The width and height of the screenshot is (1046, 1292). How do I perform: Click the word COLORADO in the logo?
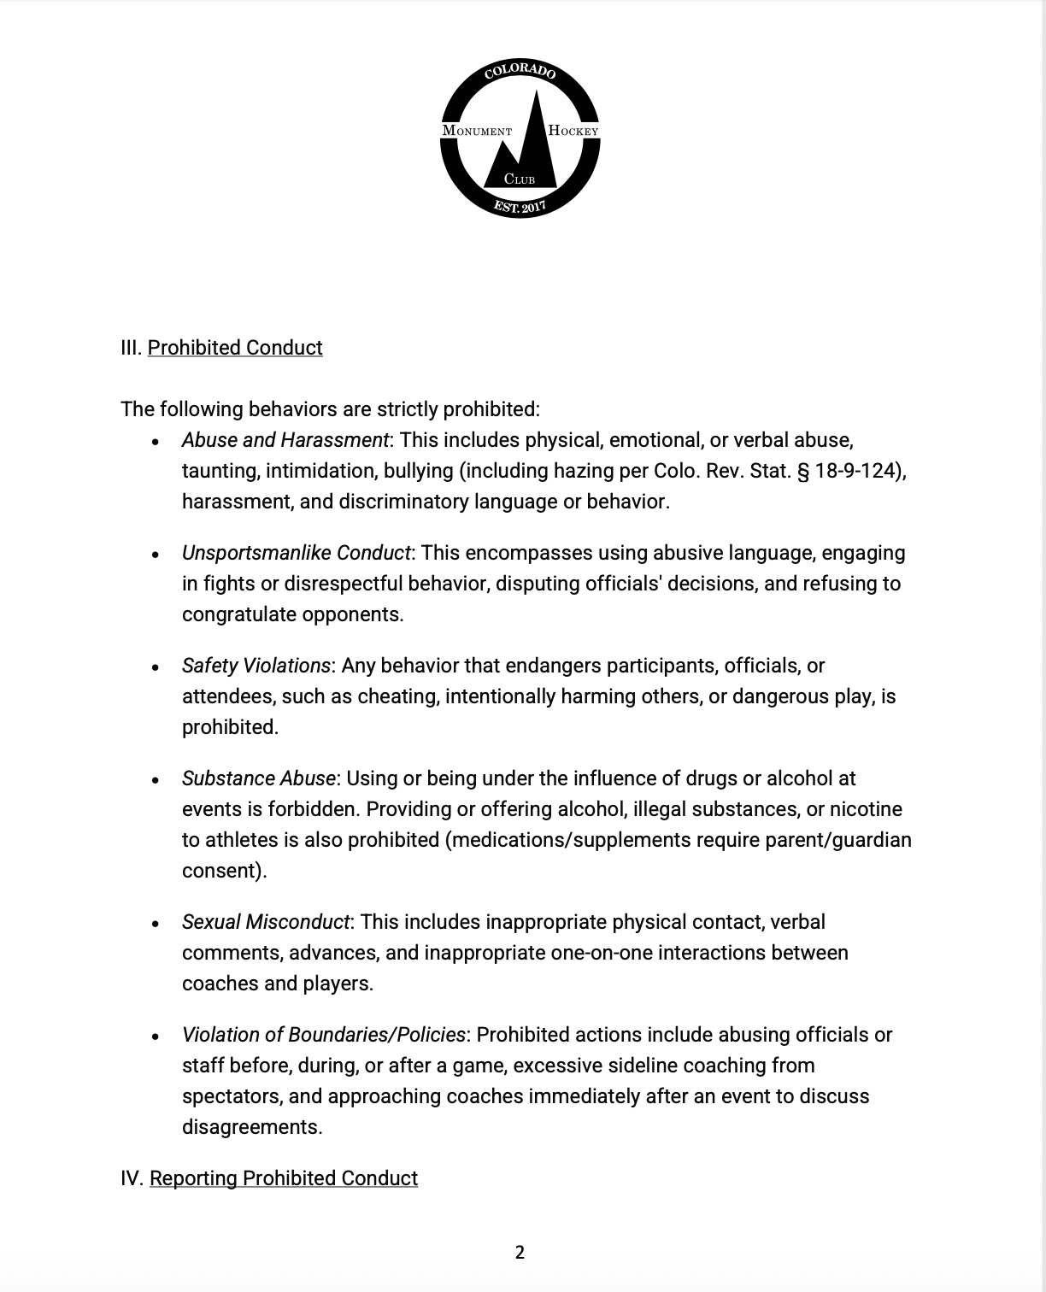pos(520,72)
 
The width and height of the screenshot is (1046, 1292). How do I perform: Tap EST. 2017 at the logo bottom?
pos(520,206)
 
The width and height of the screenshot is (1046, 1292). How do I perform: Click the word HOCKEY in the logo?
pos(573,131)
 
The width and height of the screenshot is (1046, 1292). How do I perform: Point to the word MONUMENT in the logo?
pos(477,131)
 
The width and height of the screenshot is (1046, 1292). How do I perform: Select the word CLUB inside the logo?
pos(520,179)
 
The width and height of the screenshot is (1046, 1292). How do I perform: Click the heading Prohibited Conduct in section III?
pos(235,348)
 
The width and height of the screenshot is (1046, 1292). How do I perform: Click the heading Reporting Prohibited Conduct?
pos(284,1178)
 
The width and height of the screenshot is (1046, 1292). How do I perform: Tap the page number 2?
pos(520,1253)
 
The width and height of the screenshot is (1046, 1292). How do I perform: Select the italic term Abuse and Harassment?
pos(285,440)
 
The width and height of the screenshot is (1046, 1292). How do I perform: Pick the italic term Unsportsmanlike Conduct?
pos(297,553)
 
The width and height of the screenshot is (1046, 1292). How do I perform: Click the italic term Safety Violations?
pos(256,666)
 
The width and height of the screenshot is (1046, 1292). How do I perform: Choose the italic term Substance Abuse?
pos(258,778)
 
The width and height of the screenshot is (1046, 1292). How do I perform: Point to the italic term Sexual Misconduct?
pos(265,922)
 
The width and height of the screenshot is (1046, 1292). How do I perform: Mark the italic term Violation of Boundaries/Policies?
pos(323,1035)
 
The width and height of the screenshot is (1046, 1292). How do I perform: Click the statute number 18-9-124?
pos(854,471)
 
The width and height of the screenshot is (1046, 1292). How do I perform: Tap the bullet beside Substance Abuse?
pos(155,780)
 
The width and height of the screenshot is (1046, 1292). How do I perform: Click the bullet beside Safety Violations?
pos(155,667)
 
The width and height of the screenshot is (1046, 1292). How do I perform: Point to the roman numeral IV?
pos(132,1178)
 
